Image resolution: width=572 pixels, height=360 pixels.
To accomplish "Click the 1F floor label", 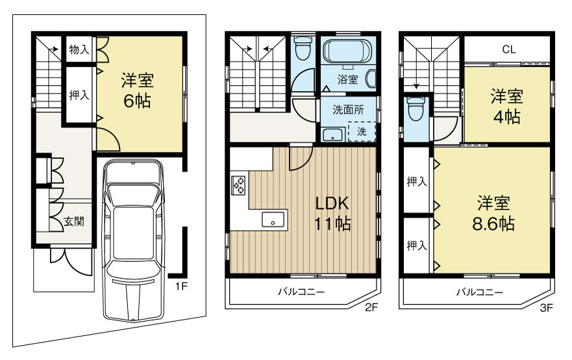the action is [181, 287].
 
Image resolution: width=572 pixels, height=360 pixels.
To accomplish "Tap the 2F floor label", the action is [371, 307].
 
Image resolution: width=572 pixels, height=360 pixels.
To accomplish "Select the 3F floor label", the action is [546, 308].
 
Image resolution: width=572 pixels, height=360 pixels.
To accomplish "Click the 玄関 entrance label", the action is [74, 221].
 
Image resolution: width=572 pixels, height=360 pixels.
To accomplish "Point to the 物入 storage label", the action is [79, 49].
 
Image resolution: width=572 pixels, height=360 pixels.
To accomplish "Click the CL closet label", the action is [509, 49].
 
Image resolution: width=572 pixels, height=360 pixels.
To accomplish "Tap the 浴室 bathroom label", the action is [347, 79].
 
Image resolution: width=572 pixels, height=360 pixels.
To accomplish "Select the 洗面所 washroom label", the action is [348, 110].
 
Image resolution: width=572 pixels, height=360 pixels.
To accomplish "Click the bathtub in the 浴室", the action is [347, 52].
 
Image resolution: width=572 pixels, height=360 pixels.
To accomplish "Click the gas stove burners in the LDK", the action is [238, 185].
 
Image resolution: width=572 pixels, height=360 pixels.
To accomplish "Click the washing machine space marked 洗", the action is [362, 131].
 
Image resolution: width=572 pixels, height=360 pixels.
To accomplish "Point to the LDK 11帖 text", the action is [332, 213].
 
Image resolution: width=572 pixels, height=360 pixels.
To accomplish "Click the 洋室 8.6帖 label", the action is [493, 213].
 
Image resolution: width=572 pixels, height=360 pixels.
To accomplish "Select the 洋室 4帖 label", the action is [506, 107].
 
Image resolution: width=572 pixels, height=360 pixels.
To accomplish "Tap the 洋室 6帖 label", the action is [137, 90].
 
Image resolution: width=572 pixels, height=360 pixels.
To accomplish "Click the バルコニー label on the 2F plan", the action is [301, 292].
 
